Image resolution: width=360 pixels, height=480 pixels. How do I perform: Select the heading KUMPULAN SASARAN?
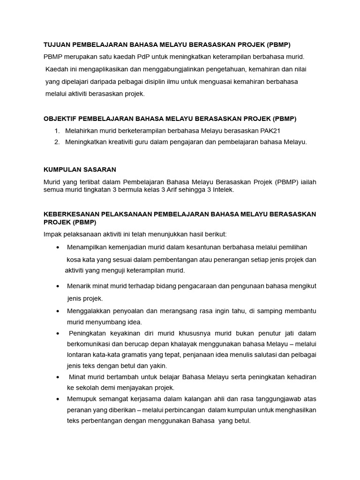point(80,169)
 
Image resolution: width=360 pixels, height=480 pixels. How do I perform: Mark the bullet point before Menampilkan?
point(57,247)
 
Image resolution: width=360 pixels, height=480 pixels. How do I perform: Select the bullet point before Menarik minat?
point(57,286)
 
